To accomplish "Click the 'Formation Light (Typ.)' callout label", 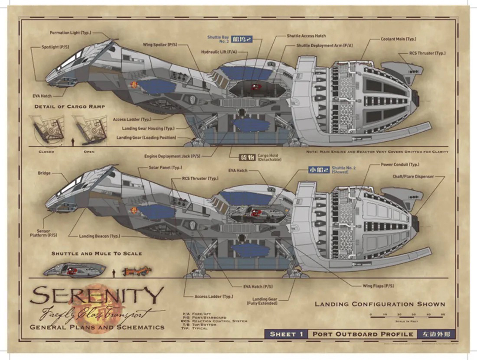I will click(70, 33).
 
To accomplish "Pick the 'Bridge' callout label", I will click(44, 173).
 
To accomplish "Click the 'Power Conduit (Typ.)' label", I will click(400, 165).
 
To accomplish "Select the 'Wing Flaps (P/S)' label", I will click(378, 286).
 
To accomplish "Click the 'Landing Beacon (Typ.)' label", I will click(99, 236).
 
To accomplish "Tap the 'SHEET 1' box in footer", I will click(286, 334).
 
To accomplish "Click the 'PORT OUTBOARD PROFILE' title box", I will click(362, 334).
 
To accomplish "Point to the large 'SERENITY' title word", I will click(96, 296).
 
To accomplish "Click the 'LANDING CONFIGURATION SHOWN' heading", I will click(380, 304).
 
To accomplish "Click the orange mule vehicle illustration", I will click(137, 272).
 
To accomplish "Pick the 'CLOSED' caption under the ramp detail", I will click(46, 152).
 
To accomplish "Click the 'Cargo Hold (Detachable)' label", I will click(269, 157).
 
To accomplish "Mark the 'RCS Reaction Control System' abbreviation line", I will click(215, 321).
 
